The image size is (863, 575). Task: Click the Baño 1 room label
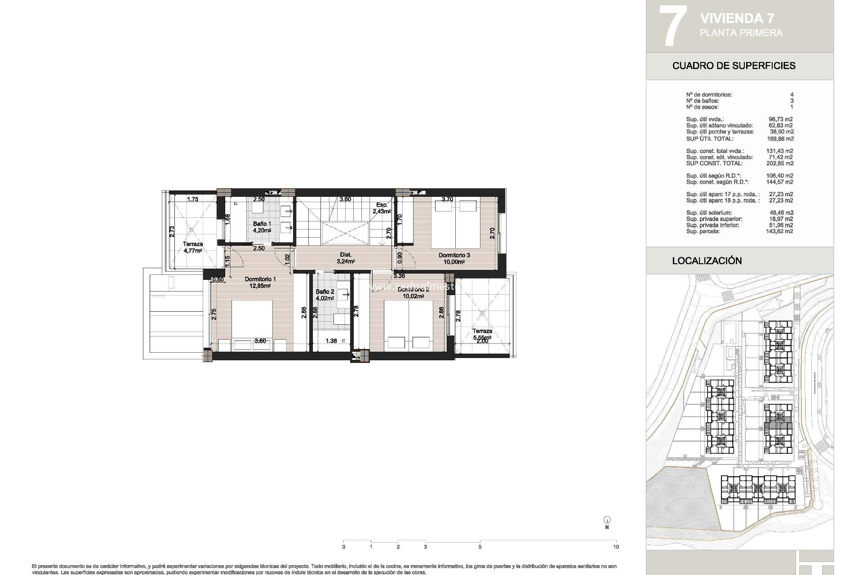pos(262,224)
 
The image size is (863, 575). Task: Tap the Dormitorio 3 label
pos(454,255)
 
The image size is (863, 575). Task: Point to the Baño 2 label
pos(325,292)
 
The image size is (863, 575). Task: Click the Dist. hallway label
pos(346,255)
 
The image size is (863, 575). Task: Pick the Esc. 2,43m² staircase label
pos(382,208)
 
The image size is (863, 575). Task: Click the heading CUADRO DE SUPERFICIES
pos(734,66)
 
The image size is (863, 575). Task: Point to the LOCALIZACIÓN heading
pos(707,261)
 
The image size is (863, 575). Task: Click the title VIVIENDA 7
pos(738,18)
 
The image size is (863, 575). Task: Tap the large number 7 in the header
pos(673,26)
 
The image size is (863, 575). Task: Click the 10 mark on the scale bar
pos(616,547)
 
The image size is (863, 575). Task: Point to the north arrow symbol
pos(607,520)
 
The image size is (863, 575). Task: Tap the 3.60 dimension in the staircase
pos(345,199)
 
